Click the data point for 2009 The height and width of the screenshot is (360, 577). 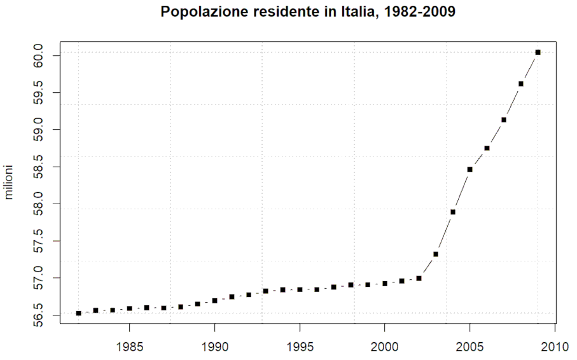538,52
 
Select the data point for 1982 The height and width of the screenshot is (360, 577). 78,313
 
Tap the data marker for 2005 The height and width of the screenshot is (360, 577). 469,169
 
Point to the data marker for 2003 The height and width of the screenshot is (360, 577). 436,254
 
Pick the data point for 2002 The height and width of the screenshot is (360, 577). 419,278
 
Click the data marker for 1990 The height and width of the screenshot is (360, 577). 214,300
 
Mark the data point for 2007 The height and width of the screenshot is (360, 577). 504,120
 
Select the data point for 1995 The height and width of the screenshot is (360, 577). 300,289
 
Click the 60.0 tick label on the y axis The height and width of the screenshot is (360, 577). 39,56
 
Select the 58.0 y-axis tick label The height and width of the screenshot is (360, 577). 39,204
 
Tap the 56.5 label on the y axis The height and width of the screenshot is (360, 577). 39,315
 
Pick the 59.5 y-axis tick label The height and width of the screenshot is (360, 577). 39,93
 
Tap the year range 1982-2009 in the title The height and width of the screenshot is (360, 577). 420,12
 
